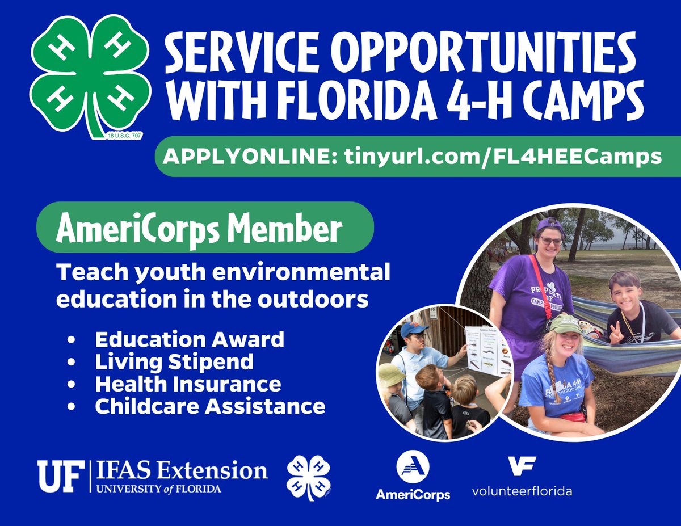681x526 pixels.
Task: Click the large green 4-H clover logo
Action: coord(90,79)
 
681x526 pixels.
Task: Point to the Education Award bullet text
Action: coord(190,339)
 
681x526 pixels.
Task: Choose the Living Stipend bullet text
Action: coord(174,361)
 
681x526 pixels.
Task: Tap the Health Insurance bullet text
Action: coord(188,384)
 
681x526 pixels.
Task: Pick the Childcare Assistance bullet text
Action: coord(209,406)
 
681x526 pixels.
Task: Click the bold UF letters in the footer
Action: coord(58,476)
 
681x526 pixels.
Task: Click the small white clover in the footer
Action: coord(309,477)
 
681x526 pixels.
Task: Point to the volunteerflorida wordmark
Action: coord(522,491)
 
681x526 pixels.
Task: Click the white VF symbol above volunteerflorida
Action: coord(522,466)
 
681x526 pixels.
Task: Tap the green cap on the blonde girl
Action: coord(565,324)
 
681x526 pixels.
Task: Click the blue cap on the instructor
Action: coord(413,329)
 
